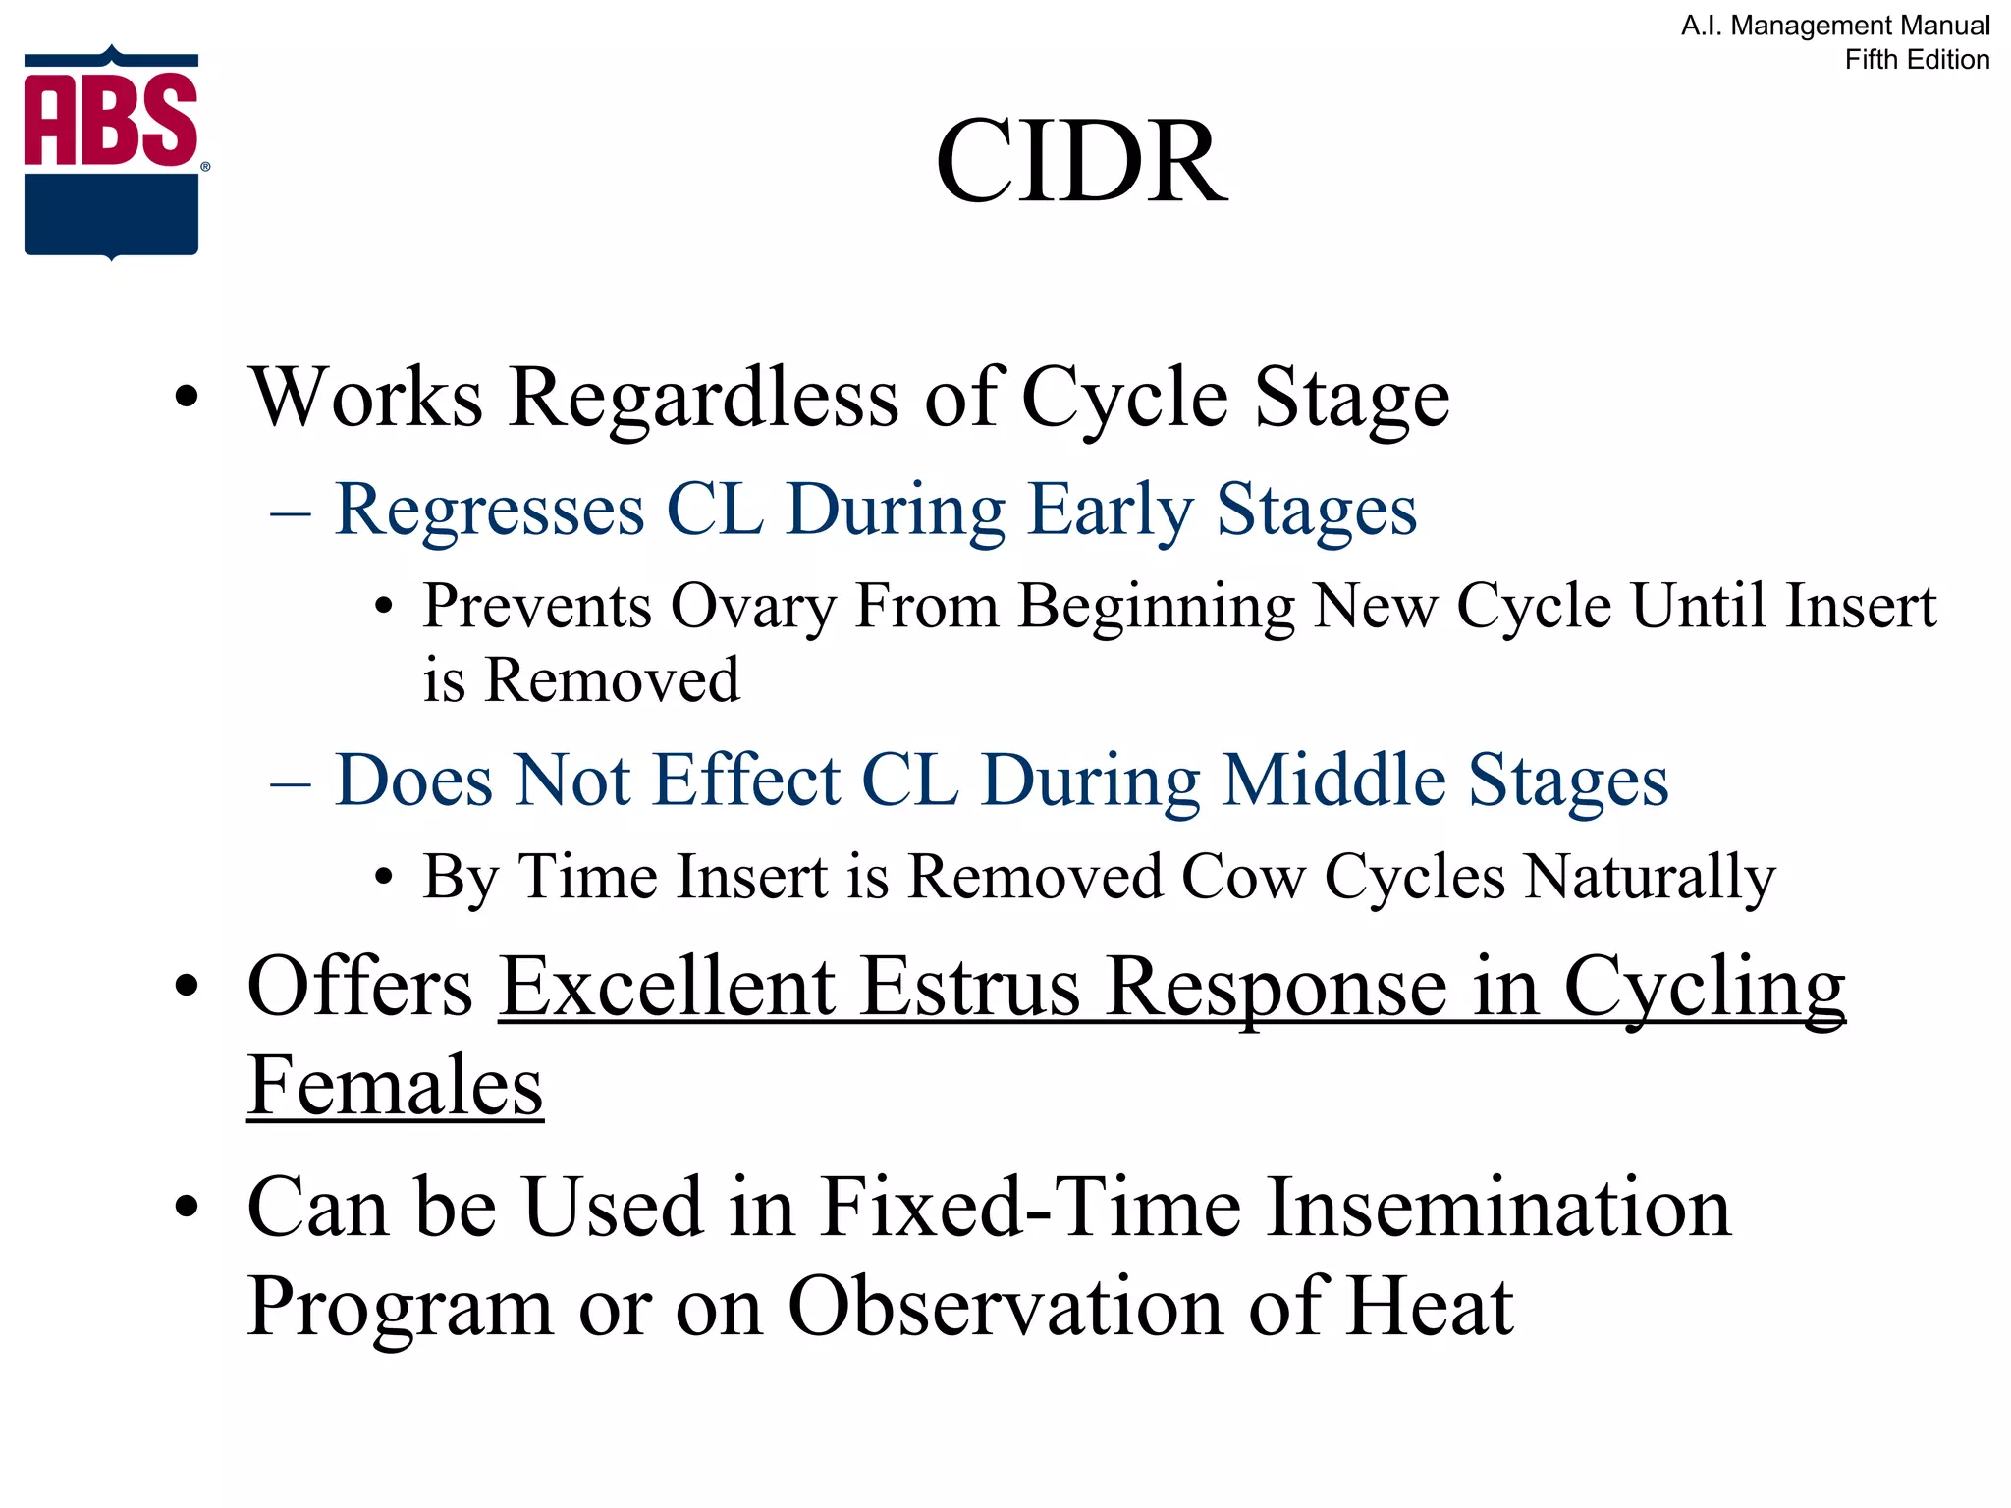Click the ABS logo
pos(112,153)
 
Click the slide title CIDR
pos(1080,161)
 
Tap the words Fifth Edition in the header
pos(1917,60)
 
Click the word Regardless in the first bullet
pos(703,398)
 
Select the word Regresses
pos(489,510)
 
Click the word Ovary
pos(752,606)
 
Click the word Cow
pos(1243,876)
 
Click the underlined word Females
pos(395,1086)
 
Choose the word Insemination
pos(1498,1207)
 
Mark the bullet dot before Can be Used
pos(186,1207)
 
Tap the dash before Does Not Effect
pos(291,782)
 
